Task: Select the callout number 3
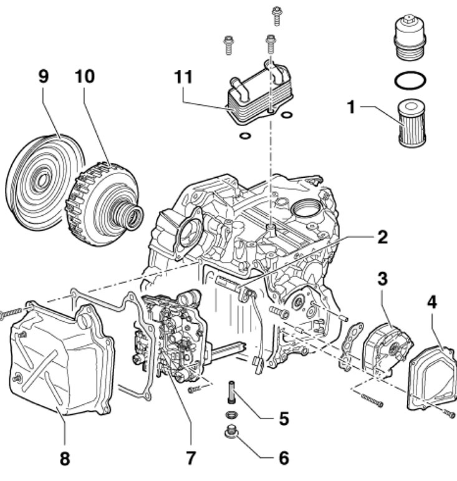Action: point(383,278)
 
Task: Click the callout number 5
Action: point(284,418)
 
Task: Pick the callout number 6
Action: point(284,458)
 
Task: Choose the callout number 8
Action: point(65,459)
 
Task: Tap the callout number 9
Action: point(43,77)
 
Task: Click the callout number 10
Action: point(85,77)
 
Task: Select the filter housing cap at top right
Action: point(411,37)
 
